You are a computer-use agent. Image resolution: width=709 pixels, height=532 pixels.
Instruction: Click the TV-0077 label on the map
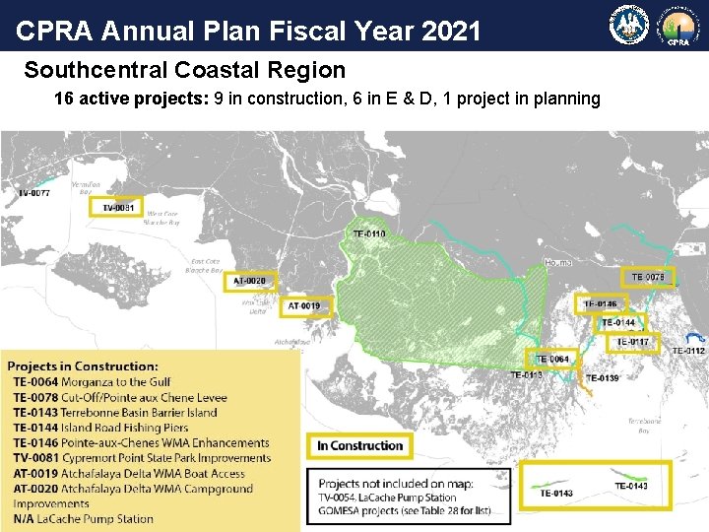click(x=33, y=193)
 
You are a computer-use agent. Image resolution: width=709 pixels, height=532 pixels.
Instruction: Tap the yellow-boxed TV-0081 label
click(x=118, y=207)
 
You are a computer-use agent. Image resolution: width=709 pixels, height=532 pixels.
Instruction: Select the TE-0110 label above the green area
click(x=369, y=233)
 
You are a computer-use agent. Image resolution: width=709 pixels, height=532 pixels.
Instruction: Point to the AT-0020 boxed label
click(x=249, y=281)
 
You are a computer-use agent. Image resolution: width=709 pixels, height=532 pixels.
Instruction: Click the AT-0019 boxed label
click(x=304, y=306)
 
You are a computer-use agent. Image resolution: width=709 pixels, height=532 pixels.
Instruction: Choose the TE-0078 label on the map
click(x=647, y=277)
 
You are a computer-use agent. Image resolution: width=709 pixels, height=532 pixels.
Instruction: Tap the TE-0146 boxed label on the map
click(x=600, y=304)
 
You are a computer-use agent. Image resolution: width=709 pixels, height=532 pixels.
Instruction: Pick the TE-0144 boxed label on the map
click(x=618, y=322)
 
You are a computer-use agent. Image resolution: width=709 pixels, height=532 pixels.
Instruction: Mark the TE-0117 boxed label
click(x=632, y=342)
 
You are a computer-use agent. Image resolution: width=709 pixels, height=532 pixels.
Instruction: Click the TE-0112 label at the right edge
click(x=688, y=351)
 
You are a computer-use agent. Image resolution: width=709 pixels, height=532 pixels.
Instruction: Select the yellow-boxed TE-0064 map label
click(x=552, y=359)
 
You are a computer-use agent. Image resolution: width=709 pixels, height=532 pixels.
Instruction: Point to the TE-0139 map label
click(x=603, y=378)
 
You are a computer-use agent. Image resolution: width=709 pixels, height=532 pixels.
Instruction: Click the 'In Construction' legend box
click(x=359, y=446)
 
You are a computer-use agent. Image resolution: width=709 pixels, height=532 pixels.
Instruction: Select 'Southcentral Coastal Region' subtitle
click(x=185, y=71)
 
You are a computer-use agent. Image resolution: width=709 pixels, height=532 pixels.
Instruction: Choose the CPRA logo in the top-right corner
click(x=679, y=27)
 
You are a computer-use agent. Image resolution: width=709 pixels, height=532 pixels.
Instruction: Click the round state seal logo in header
click(x=627, y=27)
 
